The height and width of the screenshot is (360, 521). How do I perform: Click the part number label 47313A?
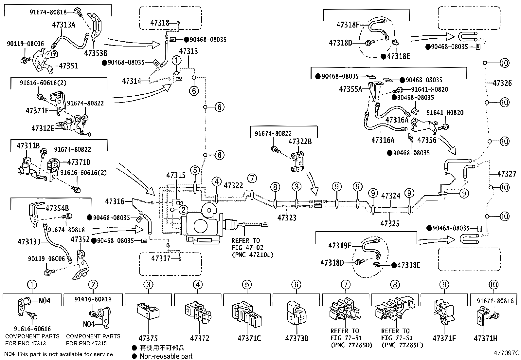(63, 24)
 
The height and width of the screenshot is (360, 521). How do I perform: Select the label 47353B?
(95, 53)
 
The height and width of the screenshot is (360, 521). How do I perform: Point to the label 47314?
(132, 81)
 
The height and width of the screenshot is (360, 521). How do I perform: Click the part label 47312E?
(43, 128)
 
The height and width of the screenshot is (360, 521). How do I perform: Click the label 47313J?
(29, 242)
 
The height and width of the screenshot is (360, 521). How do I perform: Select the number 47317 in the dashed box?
(161, 258)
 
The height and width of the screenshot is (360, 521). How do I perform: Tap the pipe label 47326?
(502, 83)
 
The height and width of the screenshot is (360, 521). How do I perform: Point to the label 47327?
(506, 174)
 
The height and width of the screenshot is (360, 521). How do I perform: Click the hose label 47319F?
(340, 245)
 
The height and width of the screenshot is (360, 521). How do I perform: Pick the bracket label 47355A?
(350, 89)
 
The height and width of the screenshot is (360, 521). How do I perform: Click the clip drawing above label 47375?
(148, 311)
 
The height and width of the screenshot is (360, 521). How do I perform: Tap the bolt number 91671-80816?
(495, 301)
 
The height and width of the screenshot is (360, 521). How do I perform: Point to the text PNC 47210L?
(252, 255)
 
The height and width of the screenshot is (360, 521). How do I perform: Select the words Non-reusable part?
(166, 356)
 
